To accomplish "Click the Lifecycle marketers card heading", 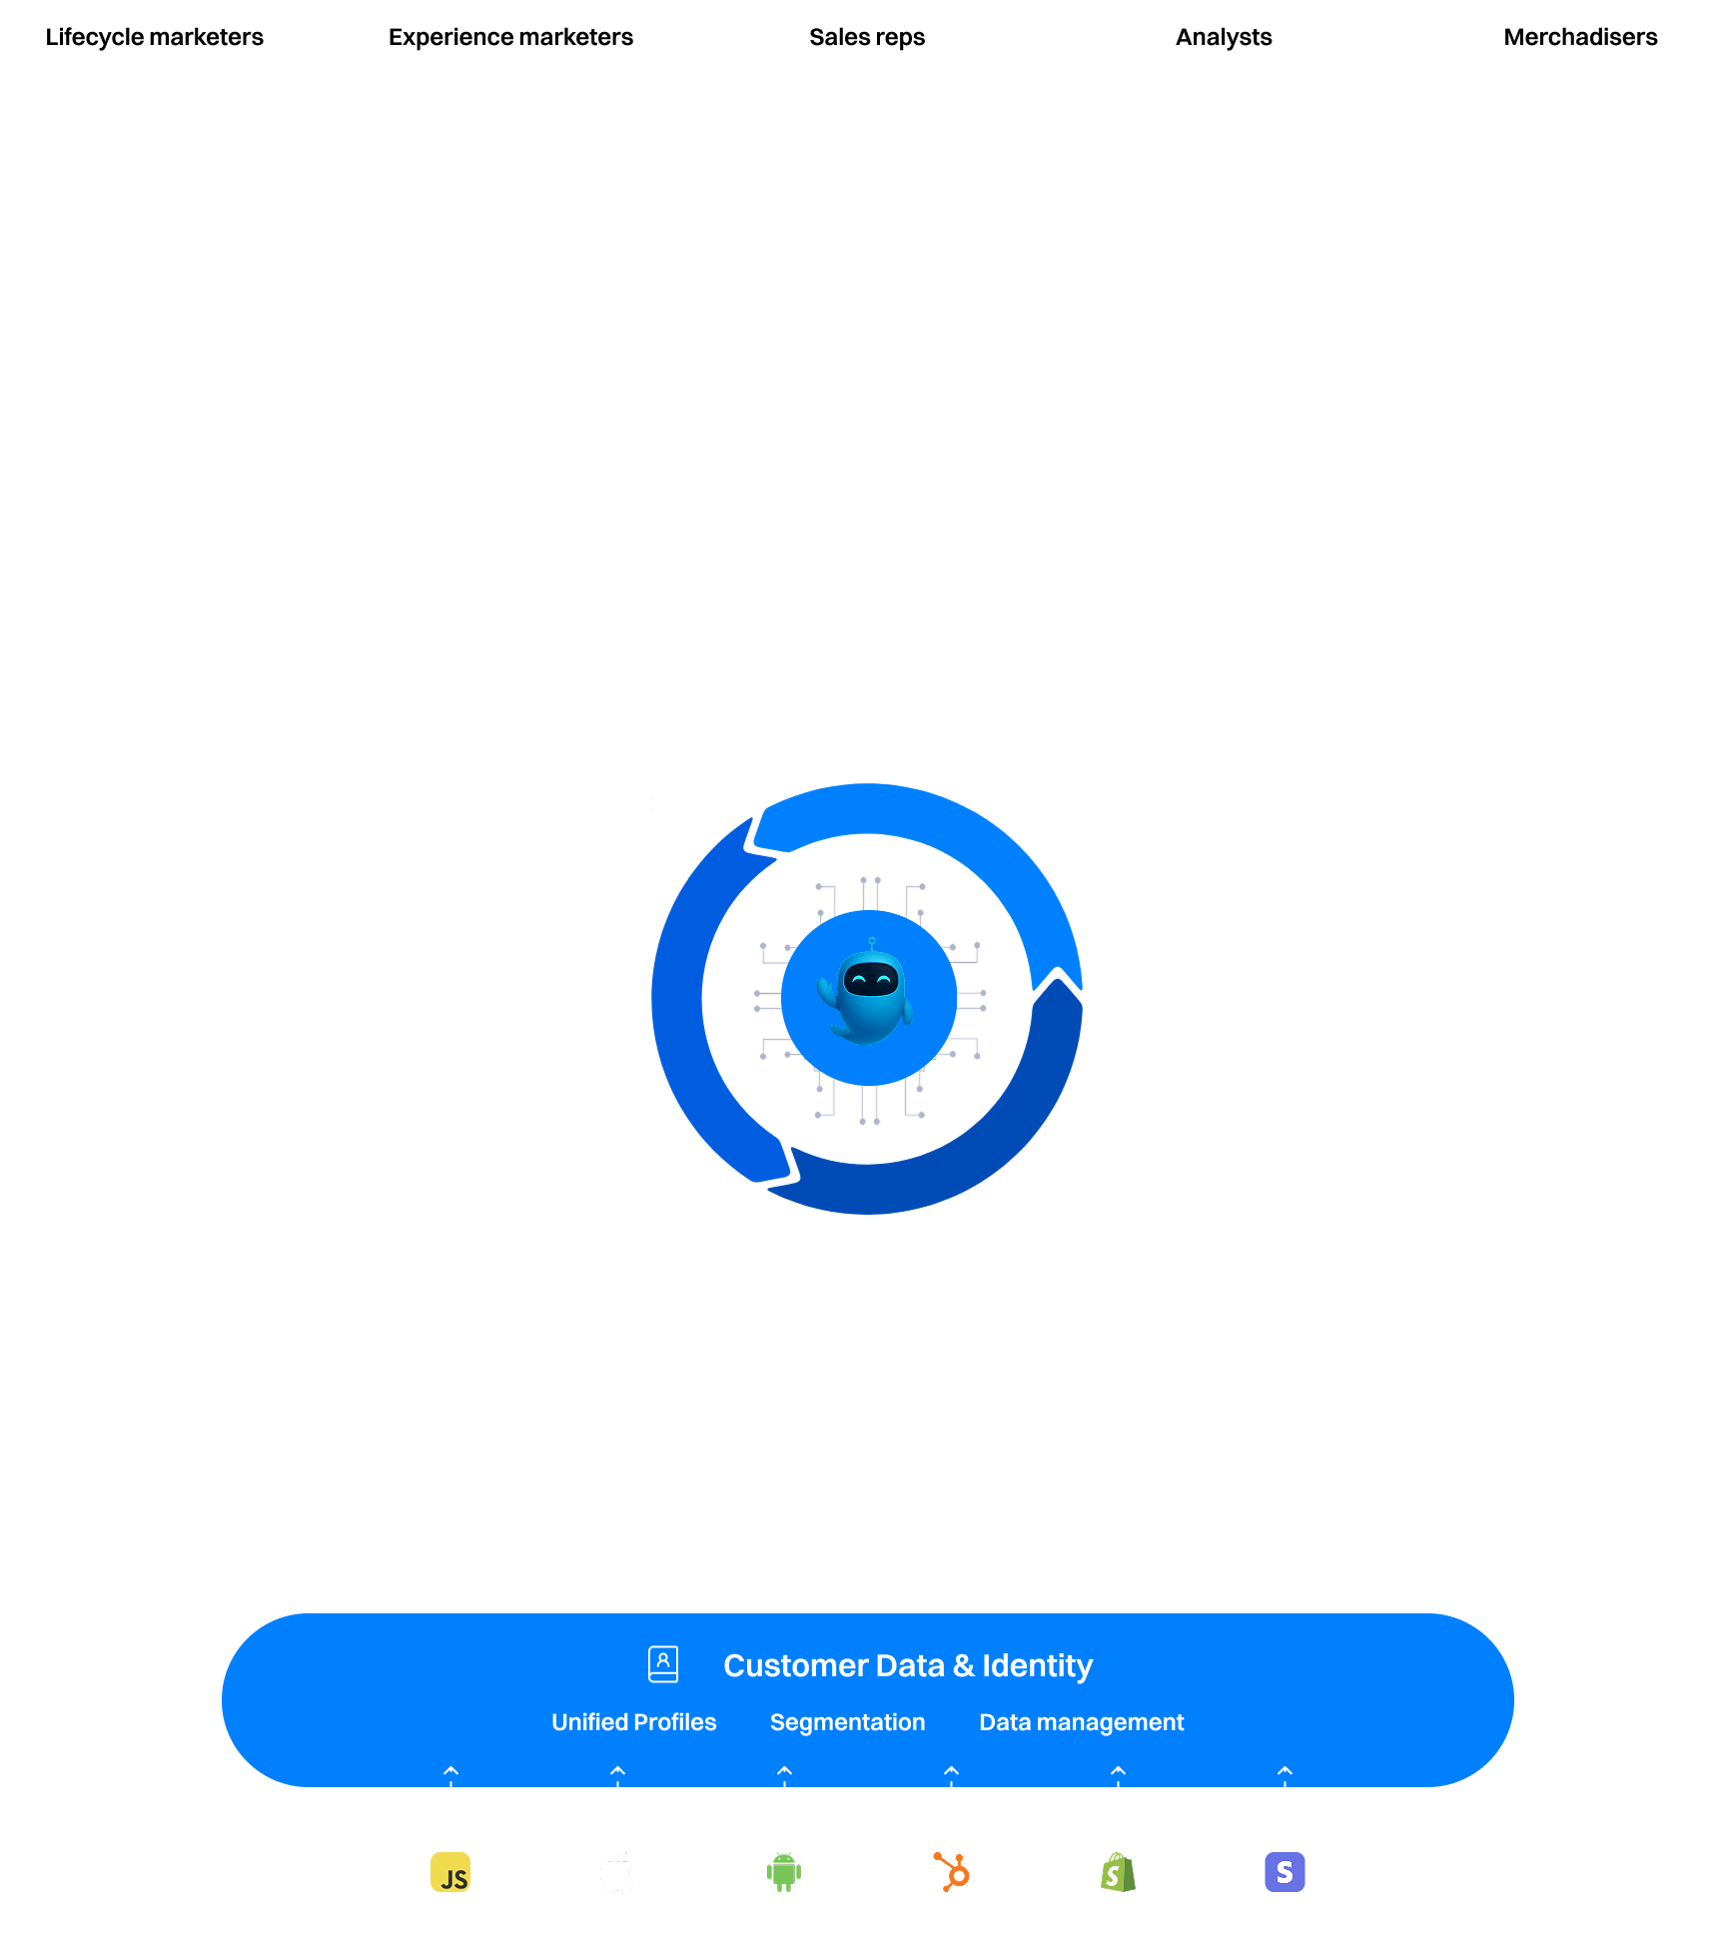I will pyautogui.click(x=154, y=37).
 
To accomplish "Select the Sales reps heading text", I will pyautogui.click(x=867, y=37).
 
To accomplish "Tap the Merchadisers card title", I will pyautogui.click(x=1580, y=37).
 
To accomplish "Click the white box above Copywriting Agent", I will pyautogui.click(x=1174, y=639).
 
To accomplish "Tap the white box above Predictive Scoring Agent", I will pyautogui.click(x=709, y=1409).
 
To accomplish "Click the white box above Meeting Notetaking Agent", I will pyautogui.click(x=469, y=1213).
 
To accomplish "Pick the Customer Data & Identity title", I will pyautogui.click(x=908, y=1665).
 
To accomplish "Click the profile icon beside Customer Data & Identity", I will pyautogui.click(x=663, y=1664).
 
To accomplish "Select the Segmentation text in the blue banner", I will pyautogui.click(x=847, y=1722).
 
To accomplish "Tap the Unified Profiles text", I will pyautogui.click(x=633, y=1722).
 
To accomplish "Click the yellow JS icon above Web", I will pyautogui.click(x=450, y=1872).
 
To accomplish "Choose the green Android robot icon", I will pyautogui.click(x=784, y=1872).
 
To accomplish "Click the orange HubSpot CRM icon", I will pyautogui.click(x=951, y=1872).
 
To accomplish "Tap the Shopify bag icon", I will pyautogui.click(x=1118, y=1872).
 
